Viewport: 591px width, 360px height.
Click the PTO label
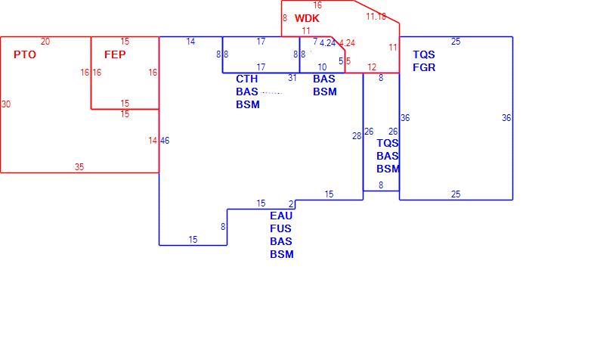point(25,54)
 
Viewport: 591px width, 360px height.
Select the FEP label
point(115,54)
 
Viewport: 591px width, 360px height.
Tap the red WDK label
point(307,18)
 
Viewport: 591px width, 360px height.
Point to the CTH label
point(247,79)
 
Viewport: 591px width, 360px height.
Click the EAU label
point(281,216)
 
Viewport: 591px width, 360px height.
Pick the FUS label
point(281,228)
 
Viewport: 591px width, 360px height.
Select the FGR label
point(424,67)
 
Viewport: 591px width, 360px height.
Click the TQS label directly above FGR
point(424,54)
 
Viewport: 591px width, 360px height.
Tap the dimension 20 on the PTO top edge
point(45,42)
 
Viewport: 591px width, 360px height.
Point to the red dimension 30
point(6,104)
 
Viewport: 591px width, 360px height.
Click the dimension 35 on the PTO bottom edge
point(79,167)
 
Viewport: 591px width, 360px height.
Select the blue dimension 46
point(165,141)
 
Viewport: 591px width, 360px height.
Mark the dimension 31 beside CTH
point(292,78)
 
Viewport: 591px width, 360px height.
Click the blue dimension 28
point(357,136)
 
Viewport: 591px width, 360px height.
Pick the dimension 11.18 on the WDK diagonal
point(376,16)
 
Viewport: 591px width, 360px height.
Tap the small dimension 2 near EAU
point(291,204)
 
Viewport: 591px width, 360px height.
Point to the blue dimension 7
point(315,42)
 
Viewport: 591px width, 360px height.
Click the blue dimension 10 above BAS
point(322,67)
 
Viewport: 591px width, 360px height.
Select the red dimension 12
point(372,67)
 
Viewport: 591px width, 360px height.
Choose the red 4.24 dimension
point(347,43)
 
